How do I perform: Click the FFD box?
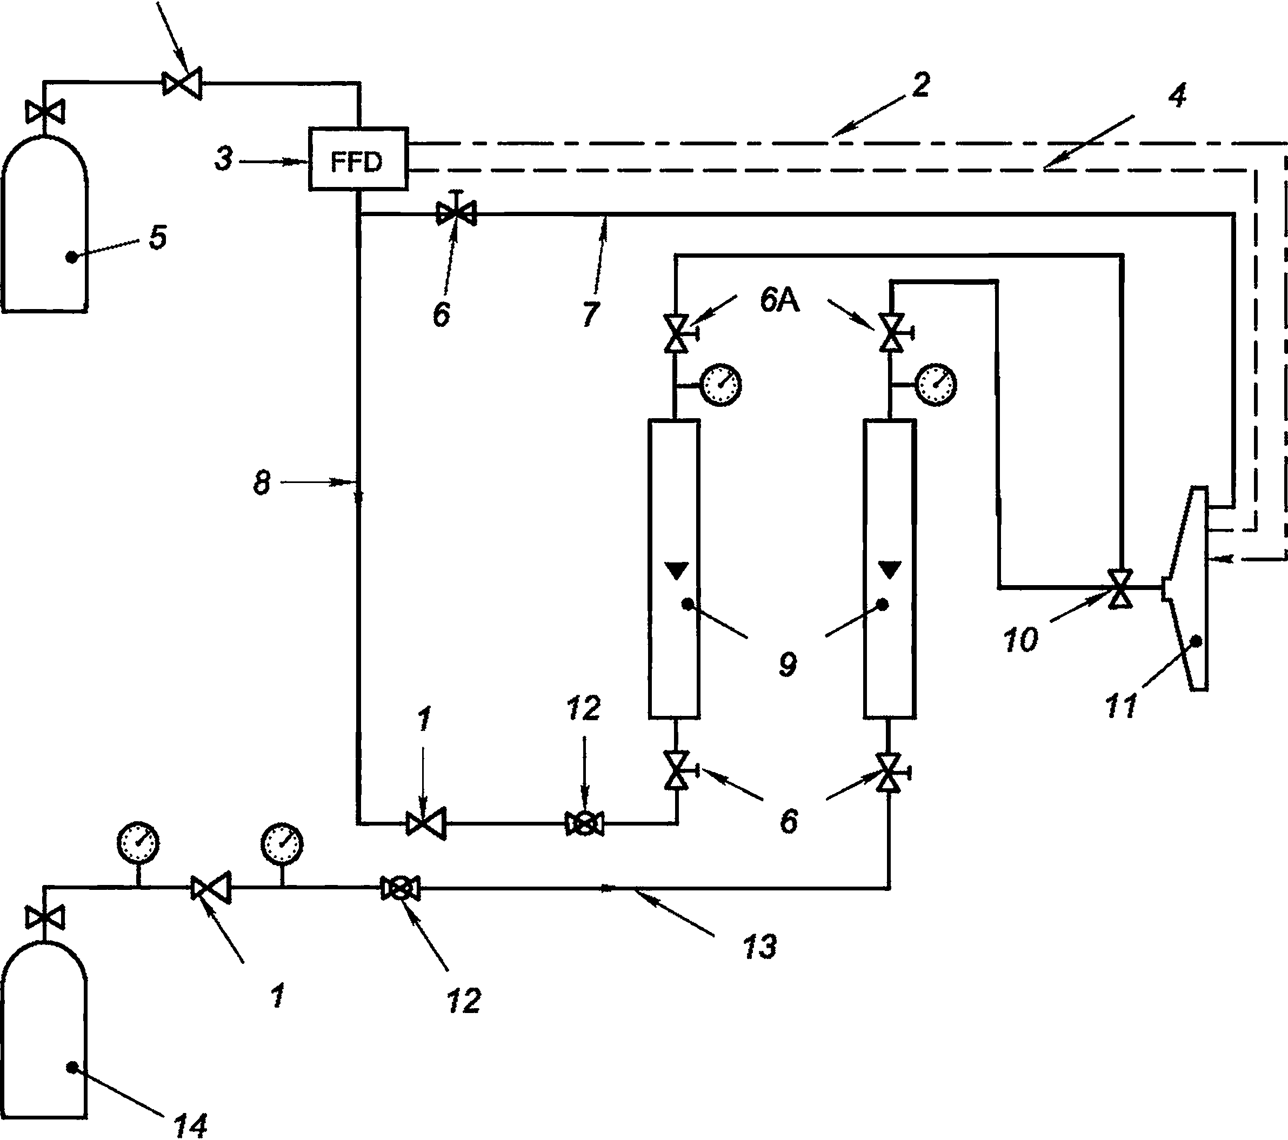358,159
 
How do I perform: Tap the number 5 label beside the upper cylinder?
157,237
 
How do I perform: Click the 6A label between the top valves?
779,300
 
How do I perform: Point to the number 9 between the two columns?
787,664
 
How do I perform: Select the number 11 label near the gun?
1121,706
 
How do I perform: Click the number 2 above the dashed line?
920,85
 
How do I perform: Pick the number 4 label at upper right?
1177,96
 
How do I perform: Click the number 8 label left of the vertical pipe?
262,483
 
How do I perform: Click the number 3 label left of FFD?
224,159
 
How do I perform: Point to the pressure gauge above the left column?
721,384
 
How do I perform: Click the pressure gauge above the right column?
936,384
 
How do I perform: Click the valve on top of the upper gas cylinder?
45,113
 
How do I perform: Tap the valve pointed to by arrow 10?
1120,588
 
